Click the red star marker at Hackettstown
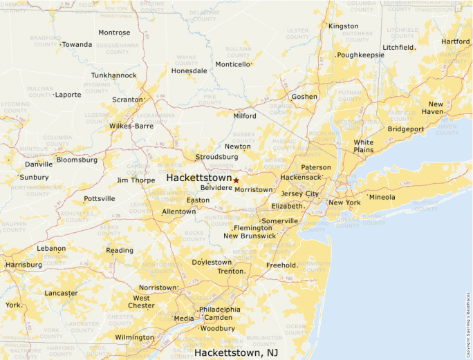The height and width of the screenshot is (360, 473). pyautogui.click(x=236, y=180)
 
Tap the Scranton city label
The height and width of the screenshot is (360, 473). pyautogui.click(x=127, y=100)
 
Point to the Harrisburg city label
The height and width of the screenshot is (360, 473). pyautogui.click(x=24, y=265)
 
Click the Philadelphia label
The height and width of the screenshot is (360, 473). pyautogui.click(x=220, y=309)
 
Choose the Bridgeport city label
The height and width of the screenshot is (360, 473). pyautogui.click(x=406, y=129)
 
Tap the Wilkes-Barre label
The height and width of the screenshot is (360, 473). pyautogui.click(x=131, y=126)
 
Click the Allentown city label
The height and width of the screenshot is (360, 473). pyautogui.click(x=178, y=211)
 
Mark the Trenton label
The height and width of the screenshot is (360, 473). pyautogui.click(x=231, y=271)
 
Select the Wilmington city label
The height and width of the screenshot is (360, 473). pyautogui.click(x=135, y=337)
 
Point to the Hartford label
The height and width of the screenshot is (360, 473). pyautogui.click(x=455, y=41)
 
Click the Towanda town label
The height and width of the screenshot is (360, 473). pyautogui.click(x=77, y=44)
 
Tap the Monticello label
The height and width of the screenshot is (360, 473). pyautogui.click(x=232, y=64)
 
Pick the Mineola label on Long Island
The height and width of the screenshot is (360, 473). pyautogui.click(x=382, y=197)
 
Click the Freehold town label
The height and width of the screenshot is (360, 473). pyautogui.click(x=281, y=265)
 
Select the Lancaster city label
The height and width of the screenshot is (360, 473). pyautogui.click(x=61, y=293)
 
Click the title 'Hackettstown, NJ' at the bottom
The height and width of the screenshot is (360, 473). pyautogui.click(x=239, y=352)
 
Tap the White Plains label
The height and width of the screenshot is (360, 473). pyautogui.click(x=363, y=146)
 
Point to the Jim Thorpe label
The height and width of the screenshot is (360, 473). pyautogui.click(x=136, y=180)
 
